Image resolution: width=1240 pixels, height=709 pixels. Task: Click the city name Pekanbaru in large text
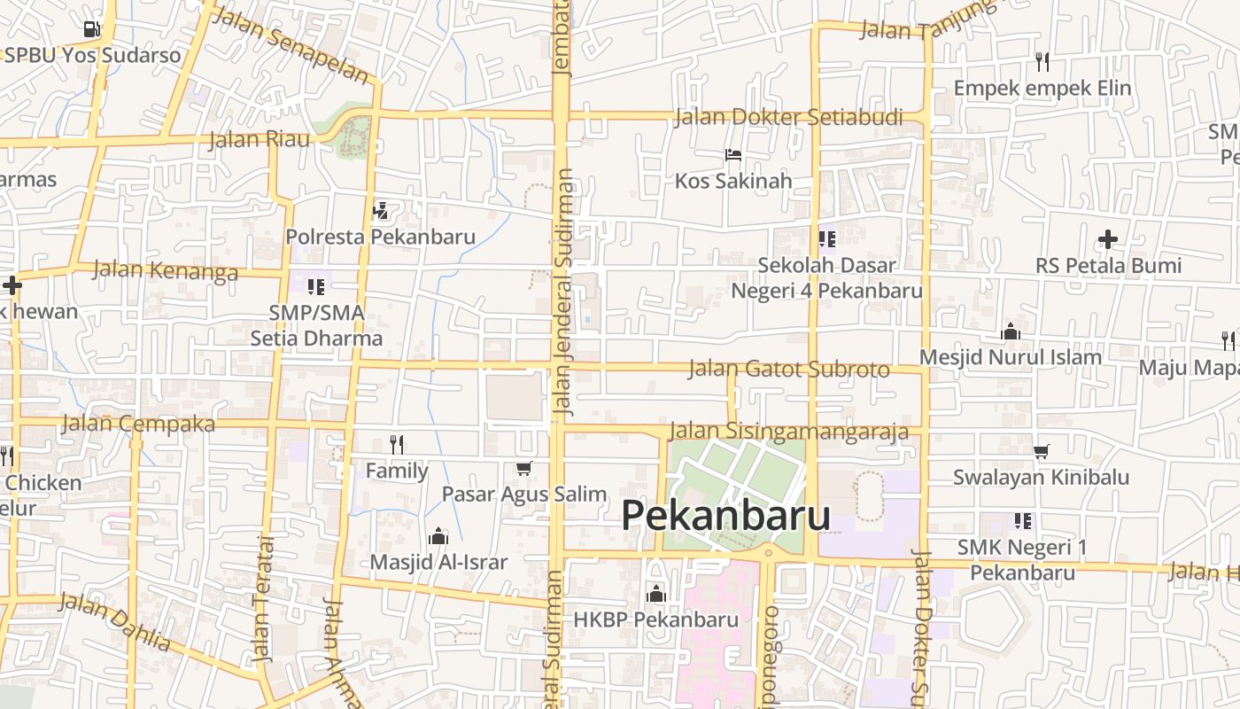pyautogui.click(x=725, y=516)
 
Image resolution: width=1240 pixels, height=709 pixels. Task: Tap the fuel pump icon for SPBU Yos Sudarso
pyautogui.click(x=91, y=29)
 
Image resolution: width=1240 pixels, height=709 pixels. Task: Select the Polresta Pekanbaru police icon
pyautogui.click(x=381, y=211)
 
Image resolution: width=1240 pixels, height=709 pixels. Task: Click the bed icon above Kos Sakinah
pyautogui.click(x=733, y=155)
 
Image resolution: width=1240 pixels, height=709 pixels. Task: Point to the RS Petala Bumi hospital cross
pyautogui.click(x=1107, y=239)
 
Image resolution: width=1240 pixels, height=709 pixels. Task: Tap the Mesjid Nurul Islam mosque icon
pyautogui.click(x=1010, y=332)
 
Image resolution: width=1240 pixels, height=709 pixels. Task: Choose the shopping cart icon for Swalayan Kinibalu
pyautogui.click(x=1041, y=452)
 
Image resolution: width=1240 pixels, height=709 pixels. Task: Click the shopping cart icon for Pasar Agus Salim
pyautogui.click(x=524, y=468)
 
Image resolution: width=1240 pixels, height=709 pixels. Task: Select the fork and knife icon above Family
pyautogui.click(x=397, y=444)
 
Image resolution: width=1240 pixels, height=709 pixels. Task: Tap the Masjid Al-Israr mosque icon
pyautogui.click(x=438, y=536)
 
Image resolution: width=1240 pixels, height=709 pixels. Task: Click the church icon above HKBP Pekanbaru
pyautogui.click(x=655, y=593)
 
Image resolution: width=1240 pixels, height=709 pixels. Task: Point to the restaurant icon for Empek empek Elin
pyautogui.click(x=1042, y=61)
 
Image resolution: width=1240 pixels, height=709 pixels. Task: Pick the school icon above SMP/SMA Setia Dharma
pyautogui.click(x=316, y=286)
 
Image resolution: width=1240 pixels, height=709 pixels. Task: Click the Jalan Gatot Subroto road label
pyautogui.click(x=788, y=369)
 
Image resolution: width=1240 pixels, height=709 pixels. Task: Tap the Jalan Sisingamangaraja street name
pyautogui.click(x=788, y=432)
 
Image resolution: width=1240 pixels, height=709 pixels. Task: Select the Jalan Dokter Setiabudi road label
pyautogui.click(x=788, y=117)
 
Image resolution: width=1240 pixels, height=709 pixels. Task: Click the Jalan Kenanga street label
pyautogui.click(x=166, y=270)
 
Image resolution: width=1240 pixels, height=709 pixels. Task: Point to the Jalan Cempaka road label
pyautogui.click(x=138, y=424)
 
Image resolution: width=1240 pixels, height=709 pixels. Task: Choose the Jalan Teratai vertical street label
pyautogui.click(x=264, y=598)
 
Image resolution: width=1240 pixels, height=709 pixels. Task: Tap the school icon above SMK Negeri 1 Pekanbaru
pyautogui.click(x=1023, y=521)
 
